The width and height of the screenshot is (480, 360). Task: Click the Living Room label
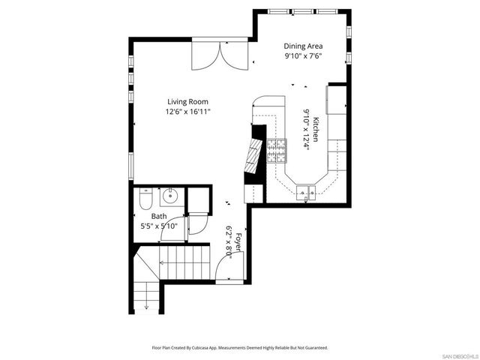pos(187,101)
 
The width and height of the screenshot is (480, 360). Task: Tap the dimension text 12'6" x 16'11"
pos(187,112)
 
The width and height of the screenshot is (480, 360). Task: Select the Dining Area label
pos(303,46)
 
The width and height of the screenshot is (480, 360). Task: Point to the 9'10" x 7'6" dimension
pos(303,56)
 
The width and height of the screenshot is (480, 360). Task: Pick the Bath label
pos(158,216)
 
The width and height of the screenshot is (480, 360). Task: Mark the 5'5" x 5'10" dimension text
pos(158,226)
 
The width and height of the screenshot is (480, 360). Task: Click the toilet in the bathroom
pos(146,199)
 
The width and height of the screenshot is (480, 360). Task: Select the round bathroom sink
pos(169,198)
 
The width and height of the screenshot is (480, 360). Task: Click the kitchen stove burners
pos(277,149)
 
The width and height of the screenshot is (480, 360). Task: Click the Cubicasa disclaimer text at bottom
pos(239,348)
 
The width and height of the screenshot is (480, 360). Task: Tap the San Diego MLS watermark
pos(459,354)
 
